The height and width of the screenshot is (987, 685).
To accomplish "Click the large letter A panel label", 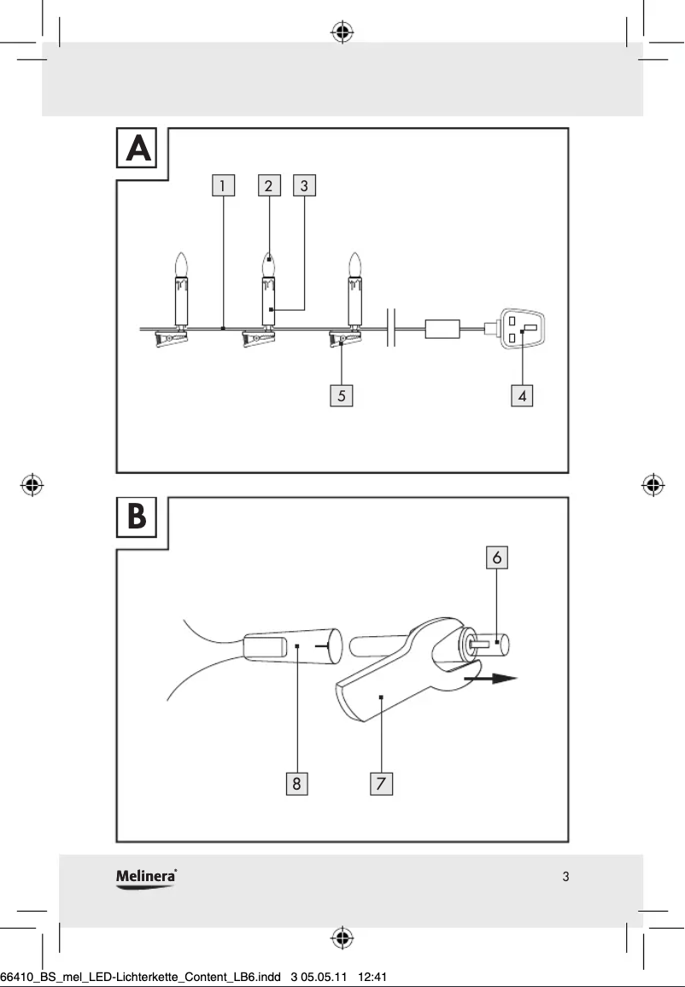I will click(138, 149).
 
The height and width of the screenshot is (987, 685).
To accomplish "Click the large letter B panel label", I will click(137, 517).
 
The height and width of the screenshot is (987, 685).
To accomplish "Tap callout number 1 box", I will click(222, 185).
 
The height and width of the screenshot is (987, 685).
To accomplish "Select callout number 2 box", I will click(269, 185).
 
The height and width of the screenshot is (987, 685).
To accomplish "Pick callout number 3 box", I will click(305, 185).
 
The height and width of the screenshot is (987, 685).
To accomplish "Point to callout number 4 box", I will click(522, 396).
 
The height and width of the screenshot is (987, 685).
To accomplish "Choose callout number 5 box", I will click(341, 396).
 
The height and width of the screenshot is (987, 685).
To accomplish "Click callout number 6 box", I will click(497, 557).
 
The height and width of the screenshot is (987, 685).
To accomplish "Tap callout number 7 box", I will click(381, 783).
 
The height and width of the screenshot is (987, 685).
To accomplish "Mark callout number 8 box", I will click(296, 783).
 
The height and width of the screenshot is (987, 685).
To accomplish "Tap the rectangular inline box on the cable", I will click(443, 329).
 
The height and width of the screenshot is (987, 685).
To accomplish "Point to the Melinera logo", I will click(146, 877).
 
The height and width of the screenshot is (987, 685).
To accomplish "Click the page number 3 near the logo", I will click(565, 877).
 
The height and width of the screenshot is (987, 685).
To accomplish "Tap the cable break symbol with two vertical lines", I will click(392, 328).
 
